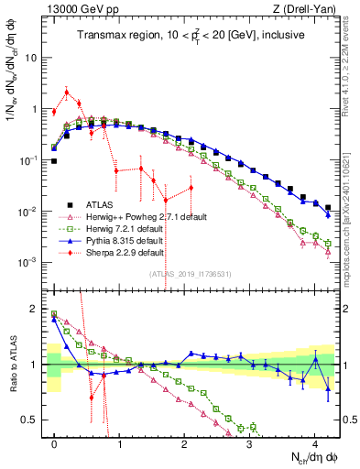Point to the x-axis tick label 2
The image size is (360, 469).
point(185,442)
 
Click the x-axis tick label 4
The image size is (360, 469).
point(315,442)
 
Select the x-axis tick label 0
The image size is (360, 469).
point(55,442)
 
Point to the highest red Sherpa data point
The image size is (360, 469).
point(67,92)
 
